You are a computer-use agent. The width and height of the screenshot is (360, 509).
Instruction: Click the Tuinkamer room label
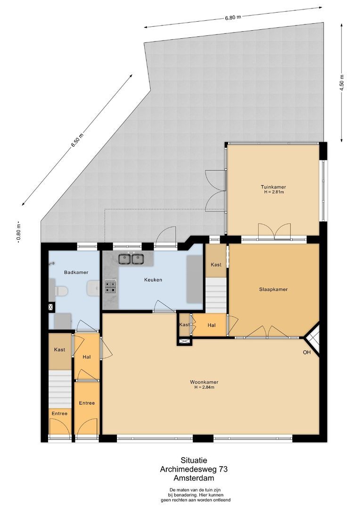[x=273, y=187]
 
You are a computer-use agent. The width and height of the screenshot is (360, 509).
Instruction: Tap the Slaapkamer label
[x=273, y=289]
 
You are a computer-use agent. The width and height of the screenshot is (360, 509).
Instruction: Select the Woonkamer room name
[x=204, y=382]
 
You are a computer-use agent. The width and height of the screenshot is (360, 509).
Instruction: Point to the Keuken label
[x=153, y=279]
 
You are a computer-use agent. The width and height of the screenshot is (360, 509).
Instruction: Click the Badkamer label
[x=76, y=272]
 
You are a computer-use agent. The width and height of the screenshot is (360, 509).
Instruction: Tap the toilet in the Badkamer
[x=60, y=291]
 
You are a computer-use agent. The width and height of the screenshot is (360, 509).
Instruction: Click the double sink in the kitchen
[x=131, y=259]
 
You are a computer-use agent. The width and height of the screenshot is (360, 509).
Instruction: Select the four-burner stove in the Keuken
[x=110, y=287]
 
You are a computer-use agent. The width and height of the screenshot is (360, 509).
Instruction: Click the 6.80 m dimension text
[x=233, y=17]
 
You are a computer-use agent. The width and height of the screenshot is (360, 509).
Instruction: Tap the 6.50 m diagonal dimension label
[x=77, y=140]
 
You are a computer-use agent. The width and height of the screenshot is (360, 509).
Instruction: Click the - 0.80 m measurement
[x=19, y=232]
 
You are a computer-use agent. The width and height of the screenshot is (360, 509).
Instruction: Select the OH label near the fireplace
[x=307, y=352]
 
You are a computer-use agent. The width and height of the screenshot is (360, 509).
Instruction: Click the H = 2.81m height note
[x=274, y=192]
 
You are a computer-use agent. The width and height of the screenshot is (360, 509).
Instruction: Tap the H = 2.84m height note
[x=204, y=387]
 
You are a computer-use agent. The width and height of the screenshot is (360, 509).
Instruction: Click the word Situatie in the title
[x=194, y=460]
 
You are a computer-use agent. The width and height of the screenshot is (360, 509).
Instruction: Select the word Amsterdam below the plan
[x=194, y=478]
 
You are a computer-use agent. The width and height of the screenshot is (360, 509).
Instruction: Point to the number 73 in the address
[x=223, y=469]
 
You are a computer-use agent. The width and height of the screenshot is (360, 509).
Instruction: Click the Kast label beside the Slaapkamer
[x=216, y=264]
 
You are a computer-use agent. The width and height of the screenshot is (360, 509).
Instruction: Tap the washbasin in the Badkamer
[x=93, y=288]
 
